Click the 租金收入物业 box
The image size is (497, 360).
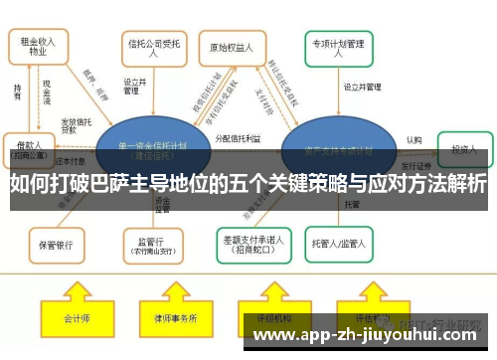tap(39, 47)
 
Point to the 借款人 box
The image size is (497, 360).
tap(27, 148)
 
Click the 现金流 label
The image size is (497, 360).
tap(47, 96)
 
